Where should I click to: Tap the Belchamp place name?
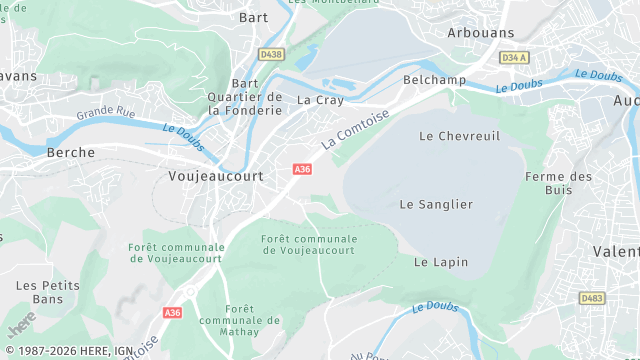[429, 79]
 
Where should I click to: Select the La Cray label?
[320, 100]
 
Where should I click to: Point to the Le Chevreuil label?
[459, 135]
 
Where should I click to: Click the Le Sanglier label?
[436, 204]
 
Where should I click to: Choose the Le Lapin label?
[435, 262]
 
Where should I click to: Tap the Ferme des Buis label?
[558, 183]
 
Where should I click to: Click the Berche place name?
[71, 153]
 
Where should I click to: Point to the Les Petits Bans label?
[40, 292]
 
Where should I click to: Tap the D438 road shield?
[270, 54]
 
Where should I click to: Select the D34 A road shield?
[514, 58]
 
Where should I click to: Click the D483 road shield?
[592, 298]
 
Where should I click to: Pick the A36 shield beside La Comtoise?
[302, 170]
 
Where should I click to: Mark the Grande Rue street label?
[111, 112]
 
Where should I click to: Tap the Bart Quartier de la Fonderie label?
[245, 97]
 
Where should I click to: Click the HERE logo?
[20, 327]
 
